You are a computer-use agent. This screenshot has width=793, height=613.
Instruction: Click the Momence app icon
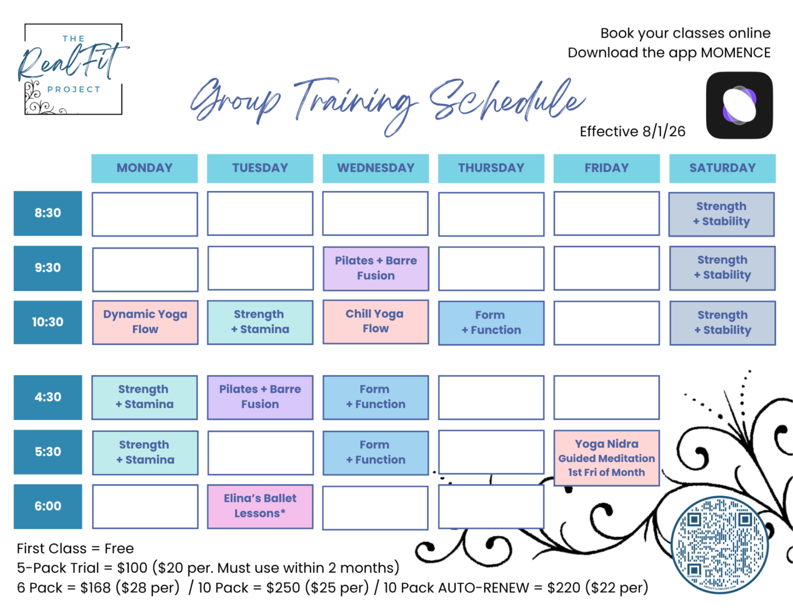[x=739, y=105]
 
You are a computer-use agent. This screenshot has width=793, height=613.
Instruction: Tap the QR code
[x=719, y=545]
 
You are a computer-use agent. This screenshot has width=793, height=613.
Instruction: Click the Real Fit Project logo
[x=73, y=69]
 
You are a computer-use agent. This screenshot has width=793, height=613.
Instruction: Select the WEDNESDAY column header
[x=375, y=168]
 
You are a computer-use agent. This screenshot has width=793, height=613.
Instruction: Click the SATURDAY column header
[x=722, y=168]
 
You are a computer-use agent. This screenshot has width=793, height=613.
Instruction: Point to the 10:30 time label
[x=48, y=322]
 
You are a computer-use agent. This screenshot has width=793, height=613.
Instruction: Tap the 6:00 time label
[x=48, y=506]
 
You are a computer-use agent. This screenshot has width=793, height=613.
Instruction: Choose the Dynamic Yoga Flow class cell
[x=145, y=322]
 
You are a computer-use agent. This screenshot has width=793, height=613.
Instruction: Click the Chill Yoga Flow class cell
[x=375, y=321]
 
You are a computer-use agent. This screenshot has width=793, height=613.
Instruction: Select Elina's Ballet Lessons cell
[x=260, y=506]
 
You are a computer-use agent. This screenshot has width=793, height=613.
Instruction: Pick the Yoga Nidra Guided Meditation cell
[x=607, y=458]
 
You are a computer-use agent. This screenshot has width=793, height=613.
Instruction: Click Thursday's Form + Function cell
[x=491, y=323]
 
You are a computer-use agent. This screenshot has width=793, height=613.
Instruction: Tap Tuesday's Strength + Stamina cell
[x=260, y=322]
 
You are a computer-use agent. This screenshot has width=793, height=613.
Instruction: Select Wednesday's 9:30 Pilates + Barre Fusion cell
[x=376, y=268]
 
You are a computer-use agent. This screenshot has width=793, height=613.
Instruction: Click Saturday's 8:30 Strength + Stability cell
[x=721, y=214]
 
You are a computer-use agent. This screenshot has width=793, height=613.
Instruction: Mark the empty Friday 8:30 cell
[x=607, y=214]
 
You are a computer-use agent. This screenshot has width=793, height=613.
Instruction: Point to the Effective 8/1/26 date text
[x=633, y=132]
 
